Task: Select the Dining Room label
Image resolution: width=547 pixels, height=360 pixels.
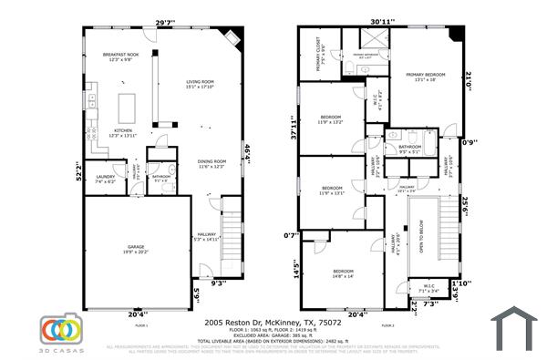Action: pyautogui.click(x=212, y=163)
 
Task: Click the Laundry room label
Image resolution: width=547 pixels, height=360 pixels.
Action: pyautogui.click(x=105, y=179)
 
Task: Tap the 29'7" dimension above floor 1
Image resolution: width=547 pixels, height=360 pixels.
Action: pyautogui.click(x=165, y=22)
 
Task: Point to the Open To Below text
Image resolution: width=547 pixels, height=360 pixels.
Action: pyautogui.click(x=421, y=240)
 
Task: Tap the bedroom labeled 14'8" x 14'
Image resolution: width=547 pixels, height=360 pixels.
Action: pyautogui.click(x=343, y=273)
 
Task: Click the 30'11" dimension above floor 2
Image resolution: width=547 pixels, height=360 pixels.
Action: pyautogui.click(x=383, y=22)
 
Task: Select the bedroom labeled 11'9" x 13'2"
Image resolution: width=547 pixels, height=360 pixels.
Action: pyautogui.click(x=330, y=118)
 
